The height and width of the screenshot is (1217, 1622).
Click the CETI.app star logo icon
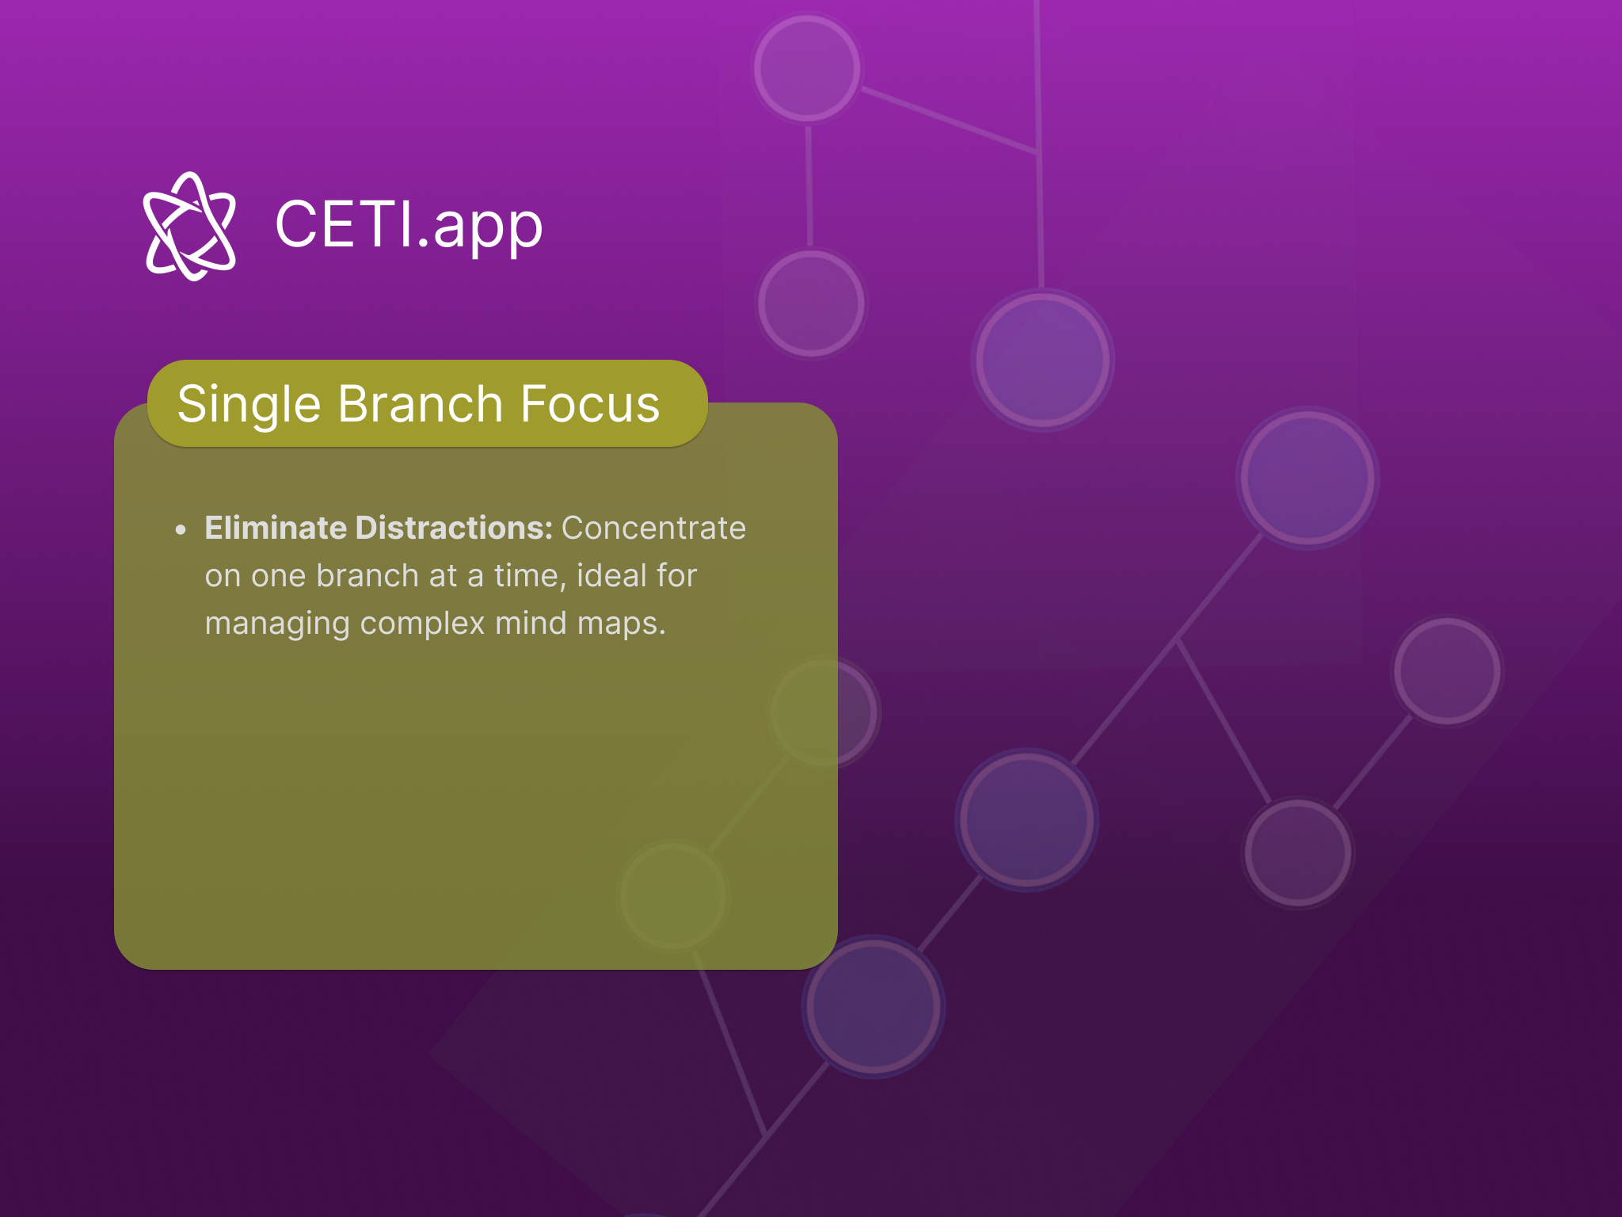[x=190, y=226]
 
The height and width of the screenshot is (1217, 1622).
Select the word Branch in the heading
[x=421, y=404]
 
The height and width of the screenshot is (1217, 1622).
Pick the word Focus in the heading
[x=590, y=404]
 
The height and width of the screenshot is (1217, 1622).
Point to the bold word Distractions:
[x=454, y=528]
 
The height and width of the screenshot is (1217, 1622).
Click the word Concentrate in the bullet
[x=653, y=528]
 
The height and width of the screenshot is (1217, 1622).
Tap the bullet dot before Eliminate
[x=181, y=529]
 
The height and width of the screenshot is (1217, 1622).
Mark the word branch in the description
[x=367, y=575]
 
